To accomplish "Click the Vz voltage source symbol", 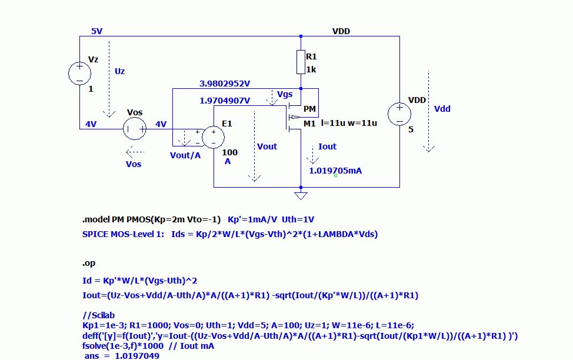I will point(79,74).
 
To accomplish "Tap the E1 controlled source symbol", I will point(213,137).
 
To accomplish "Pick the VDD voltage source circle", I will point(399,114).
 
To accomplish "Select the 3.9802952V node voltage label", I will point(224,84).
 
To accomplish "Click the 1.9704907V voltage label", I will point(224,101).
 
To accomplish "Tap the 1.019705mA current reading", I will point(335,171).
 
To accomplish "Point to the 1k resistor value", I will point(311,69).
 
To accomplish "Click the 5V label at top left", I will point(96,31).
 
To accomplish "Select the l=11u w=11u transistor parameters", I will point(349,123).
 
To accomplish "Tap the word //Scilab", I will point(99,315).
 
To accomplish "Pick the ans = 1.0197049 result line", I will point(121,355).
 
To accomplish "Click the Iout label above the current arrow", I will point(327,146).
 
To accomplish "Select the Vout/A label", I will point(185,155).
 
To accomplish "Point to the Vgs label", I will point(285,94).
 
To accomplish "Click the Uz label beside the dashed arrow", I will point(119,71).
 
